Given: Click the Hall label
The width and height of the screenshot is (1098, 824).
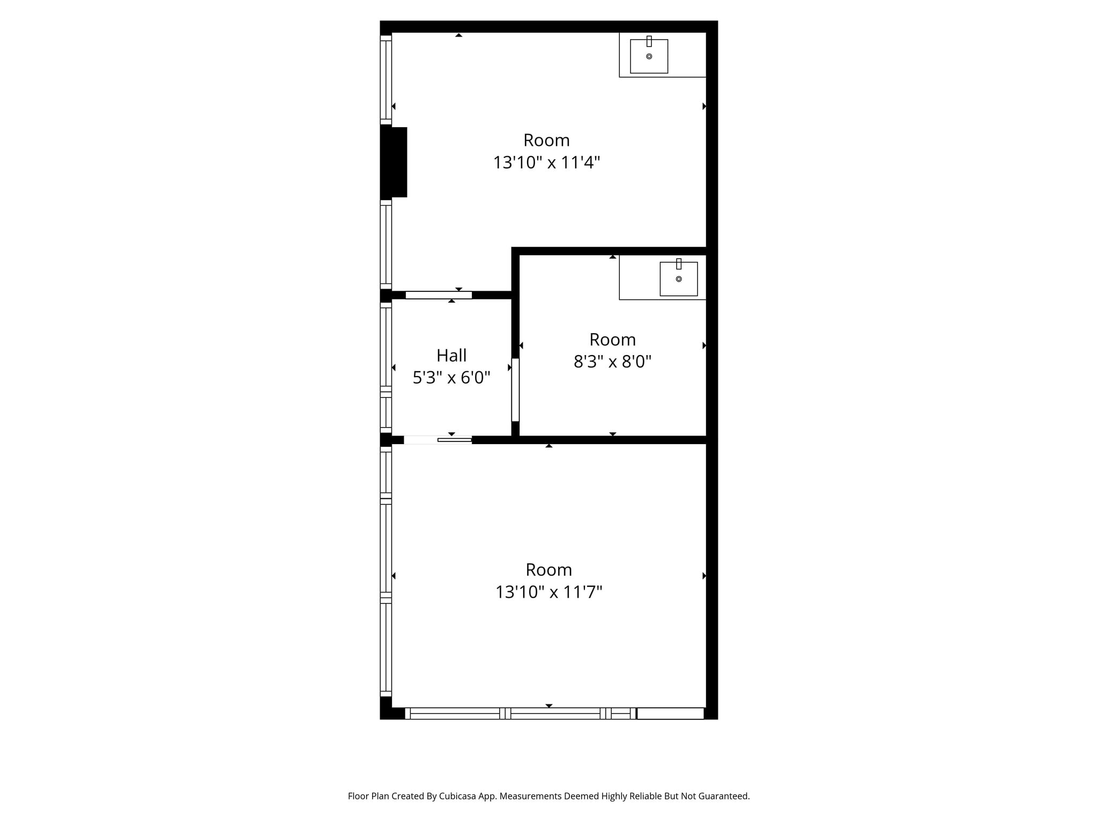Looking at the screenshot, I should [451, 356].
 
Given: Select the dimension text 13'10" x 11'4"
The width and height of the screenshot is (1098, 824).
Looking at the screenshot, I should [546, 162].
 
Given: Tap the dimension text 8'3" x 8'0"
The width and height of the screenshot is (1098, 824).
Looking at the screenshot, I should [612, 362].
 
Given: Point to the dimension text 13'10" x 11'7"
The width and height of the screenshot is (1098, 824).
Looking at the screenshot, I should [548, 592].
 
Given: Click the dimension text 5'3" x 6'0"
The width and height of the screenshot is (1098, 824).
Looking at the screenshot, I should [451, 378].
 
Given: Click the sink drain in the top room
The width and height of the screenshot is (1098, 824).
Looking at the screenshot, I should [649, 56].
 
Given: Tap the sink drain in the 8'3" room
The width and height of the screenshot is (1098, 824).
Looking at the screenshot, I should [679, 279].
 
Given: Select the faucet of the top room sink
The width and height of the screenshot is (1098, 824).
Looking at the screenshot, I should [649, 41].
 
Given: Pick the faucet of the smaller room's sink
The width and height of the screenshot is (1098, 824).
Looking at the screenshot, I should [679, 264].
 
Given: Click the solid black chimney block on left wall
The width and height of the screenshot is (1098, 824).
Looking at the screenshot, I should [394, 162].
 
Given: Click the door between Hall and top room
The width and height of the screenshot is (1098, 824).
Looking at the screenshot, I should [439, 295].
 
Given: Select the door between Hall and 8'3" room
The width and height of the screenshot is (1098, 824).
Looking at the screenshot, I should [515, 389].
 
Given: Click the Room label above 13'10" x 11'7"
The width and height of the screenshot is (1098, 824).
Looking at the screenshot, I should [548, 570].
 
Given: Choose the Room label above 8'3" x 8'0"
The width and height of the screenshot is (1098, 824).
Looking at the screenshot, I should [612, 340].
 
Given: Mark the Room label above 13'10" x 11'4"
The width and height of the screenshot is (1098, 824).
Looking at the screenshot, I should [546, 140].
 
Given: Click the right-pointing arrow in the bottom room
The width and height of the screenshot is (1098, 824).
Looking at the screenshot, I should [704, 576].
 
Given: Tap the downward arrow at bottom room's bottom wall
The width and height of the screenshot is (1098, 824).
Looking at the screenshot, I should [548, 705].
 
